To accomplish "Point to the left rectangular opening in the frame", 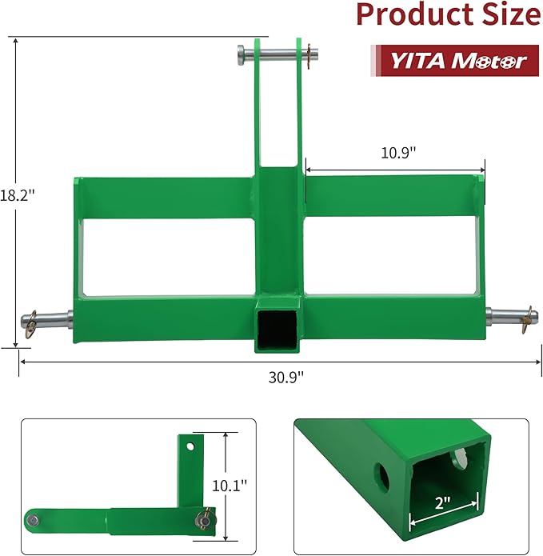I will click(166, 257).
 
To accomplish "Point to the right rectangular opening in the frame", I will click(392, 256).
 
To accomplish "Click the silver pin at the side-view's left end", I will click(32, 520).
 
